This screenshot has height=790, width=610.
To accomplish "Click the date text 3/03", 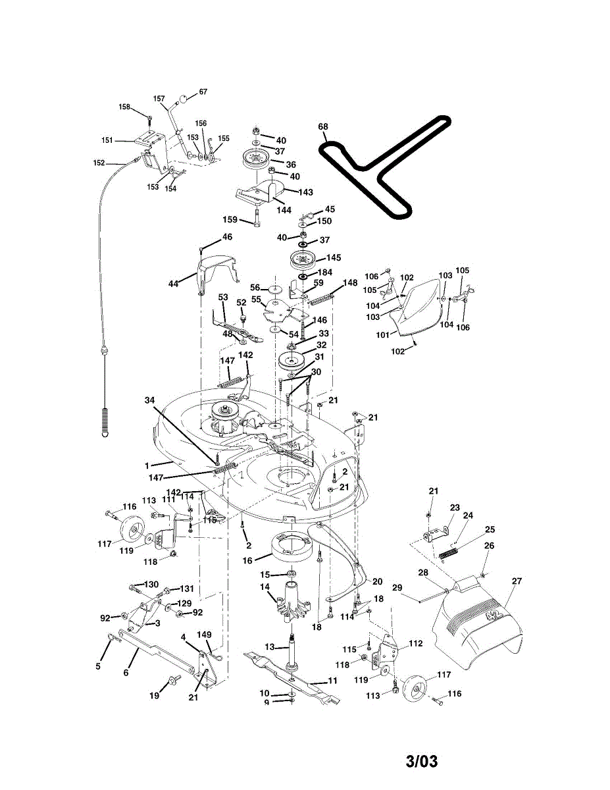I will point(421,762).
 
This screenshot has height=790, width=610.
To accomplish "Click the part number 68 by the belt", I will point(322,126).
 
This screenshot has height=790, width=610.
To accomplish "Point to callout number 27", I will point(516,581).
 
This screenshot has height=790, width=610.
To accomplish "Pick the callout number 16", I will point(247,560).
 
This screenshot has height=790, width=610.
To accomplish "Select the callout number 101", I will point(382,334).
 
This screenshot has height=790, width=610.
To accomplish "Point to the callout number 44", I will point(173,284).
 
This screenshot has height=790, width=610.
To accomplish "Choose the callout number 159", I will point(230,220).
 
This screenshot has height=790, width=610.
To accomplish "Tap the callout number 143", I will point(305,192).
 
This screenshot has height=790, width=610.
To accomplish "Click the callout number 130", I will point(151,585).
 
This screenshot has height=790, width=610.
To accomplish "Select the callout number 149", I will point(205,635).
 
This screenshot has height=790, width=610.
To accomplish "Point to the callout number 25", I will point(490,529).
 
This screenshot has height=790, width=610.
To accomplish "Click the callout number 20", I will point(377,582).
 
